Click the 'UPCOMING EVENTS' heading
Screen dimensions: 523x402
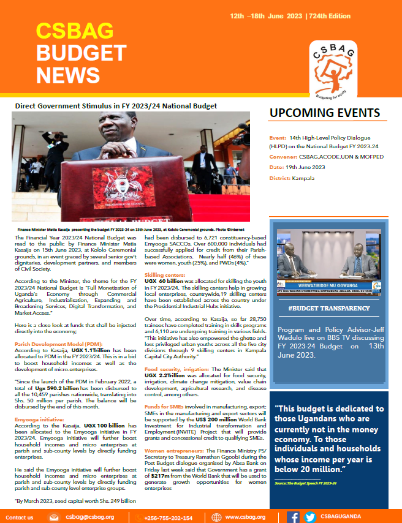[325, 113]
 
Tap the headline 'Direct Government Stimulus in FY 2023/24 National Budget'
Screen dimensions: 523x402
[116, 106]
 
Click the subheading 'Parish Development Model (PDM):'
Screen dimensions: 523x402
[58, 344]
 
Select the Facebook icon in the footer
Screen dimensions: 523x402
[293, 517]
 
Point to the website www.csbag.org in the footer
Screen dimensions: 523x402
[245, 517]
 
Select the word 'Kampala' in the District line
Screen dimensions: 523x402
[304, 178]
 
